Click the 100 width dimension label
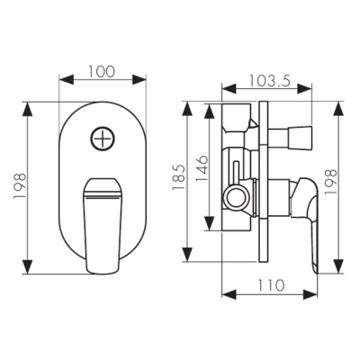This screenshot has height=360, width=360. [x=102, y=71]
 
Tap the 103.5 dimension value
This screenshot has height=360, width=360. [x=270, y=80]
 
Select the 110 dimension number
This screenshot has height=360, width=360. [x=270, y=285]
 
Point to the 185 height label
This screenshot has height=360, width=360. [x=178, y=177]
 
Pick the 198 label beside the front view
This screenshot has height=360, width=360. [x=20, y=185]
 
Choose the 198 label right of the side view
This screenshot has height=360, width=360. [x=331, y=182]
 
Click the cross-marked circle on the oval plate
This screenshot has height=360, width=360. [x=103, y=139]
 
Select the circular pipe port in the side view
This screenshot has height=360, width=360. [x=238, y=199]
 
